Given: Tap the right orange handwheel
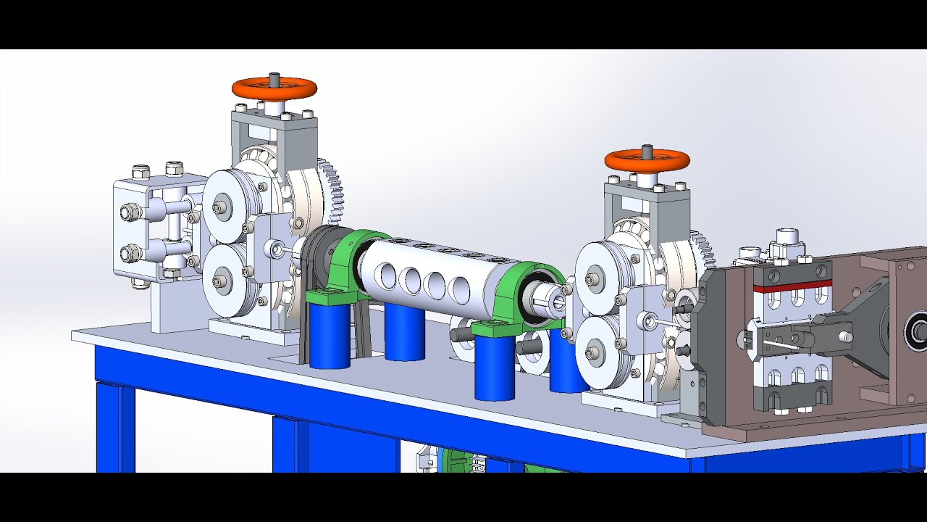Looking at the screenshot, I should point(647,160).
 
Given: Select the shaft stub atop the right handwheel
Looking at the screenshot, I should point(647,152).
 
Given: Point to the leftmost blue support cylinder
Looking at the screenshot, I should point(330,336).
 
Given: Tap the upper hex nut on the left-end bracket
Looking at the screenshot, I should point(130,212).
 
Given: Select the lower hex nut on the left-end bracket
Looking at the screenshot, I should point(130,254).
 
